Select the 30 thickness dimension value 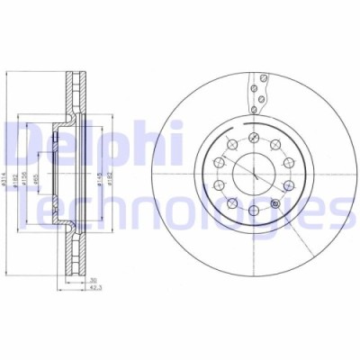coord(93,281)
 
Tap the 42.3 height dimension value coord(93,290)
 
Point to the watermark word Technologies coord(180,209)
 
